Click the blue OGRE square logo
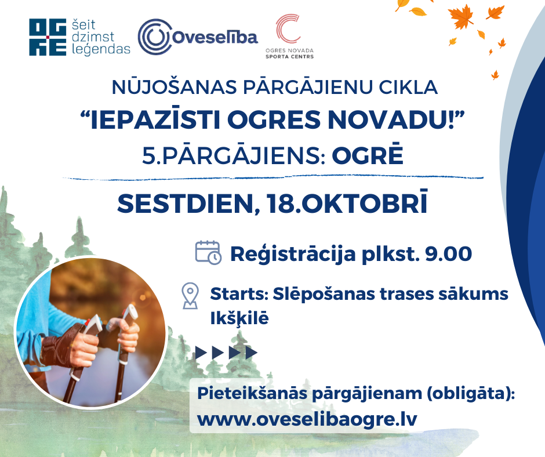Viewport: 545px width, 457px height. pos(48,38)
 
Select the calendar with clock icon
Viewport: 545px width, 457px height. pos(208,253)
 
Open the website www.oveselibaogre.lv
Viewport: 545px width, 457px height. pos(307,420)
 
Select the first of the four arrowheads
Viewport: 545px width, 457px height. pos(201,353)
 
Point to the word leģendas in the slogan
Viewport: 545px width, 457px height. pos(101,49)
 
